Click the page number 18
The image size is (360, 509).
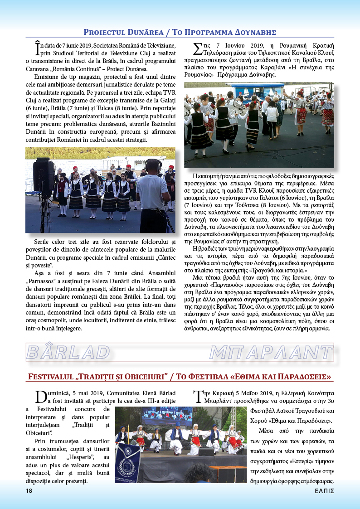pos(29,491)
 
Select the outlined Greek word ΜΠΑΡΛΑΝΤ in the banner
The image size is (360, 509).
pos(271,352)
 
